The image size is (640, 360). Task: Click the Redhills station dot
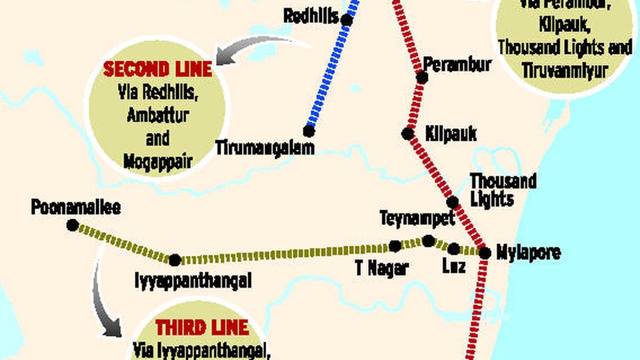coord(347,20)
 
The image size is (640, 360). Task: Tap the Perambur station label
coord(458,64)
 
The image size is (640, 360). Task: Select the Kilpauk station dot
coord(408,133)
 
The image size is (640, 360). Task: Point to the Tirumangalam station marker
coord(309,131)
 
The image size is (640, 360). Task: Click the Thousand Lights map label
coord(502,189)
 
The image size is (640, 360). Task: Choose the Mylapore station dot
coord(484,253)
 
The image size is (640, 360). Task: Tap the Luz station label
coord(454,266)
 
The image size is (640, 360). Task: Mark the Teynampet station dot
coord(428,241)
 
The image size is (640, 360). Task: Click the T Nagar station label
coord(382,268)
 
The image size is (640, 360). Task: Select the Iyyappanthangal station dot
coord(174,260)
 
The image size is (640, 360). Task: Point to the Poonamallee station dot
coord(73,225)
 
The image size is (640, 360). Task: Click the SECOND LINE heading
coord(158,69)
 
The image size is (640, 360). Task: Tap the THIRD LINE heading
coord(202,327)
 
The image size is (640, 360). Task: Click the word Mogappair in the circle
coord(158,161)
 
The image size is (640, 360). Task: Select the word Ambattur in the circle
coord(158,115)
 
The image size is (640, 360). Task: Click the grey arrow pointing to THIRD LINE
coord(104,299)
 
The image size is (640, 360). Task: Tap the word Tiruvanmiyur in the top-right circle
coord(565,70)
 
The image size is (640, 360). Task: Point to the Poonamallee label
coord(76,207)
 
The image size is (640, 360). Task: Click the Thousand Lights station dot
coord(452,202)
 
